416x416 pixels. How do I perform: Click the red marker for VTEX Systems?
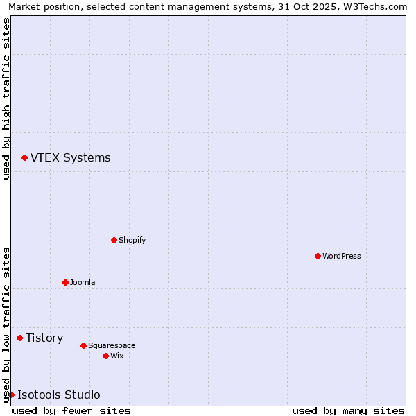tap(24, 158)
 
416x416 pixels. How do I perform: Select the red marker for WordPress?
tap(318, 256)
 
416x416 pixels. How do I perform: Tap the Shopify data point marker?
tap(114, 240)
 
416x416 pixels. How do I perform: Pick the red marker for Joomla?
tap(65, 282)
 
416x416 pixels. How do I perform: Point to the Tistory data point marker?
tap(19, 338)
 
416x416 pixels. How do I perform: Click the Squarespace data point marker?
tap(83, 345)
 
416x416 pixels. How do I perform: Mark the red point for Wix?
tap(105, 356)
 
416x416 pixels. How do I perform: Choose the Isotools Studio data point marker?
tap(11, 395)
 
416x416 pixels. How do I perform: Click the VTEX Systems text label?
tap(70, 158)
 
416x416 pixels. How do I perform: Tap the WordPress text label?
tap(342, 257)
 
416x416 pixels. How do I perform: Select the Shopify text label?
tap(132, 241)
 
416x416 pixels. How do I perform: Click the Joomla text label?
tap(83, 283)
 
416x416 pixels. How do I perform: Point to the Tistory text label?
tap(44, 338)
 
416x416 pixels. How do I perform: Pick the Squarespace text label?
tap(112, 346)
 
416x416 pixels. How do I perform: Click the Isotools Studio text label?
tap(58, 395)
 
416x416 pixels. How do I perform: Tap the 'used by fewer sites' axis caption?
tap(71, 410)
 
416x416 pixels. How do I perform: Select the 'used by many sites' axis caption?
tap(348, 410)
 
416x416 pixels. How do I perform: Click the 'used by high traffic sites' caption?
tap(6, 98)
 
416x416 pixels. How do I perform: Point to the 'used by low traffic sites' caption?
tap(6, 324)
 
